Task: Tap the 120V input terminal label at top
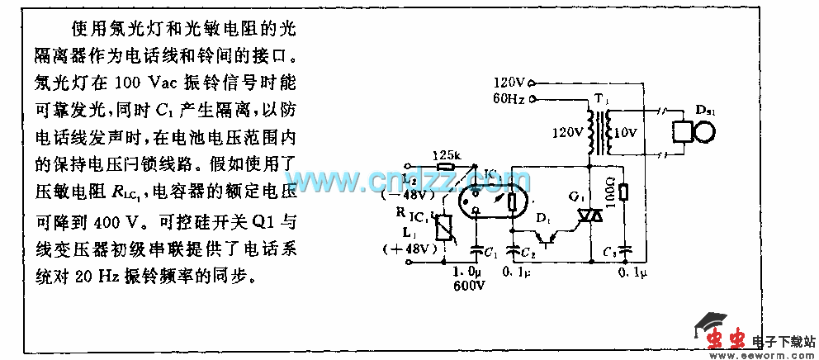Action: coord(509,83)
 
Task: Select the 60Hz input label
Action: coord(509,99)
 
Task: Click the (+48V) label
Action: coord(420,249)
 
